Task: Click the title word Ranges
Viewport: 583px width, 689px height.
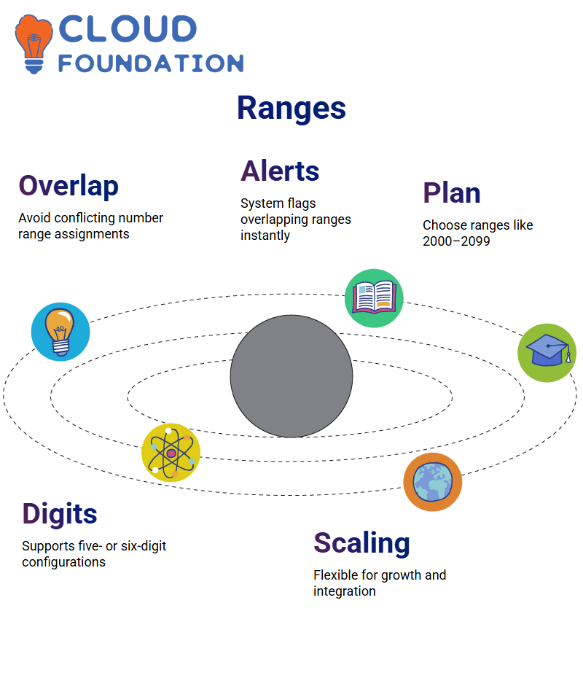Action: (291, 109)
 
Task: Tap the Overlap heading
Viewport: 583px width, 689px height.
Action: (69, 187)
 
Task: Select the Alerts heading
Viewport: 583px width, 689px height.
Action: (280, 171)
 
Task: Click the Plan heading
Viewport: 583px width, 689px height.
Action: (452, 193)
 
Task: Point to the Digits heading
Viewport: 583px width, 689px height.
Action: (60, 514)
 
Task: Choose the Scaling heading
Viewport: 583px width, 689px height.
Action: (361, 544)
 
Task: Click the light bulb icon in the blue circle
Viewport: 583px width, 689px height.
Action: (60, 332)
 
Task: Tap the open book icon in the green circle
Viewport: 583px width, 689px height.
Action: (374, 298)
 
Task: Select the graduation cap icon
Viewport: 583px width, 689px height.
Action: (547, 353)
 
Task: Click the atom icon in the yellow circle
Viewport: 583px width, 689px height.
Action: (171, 453)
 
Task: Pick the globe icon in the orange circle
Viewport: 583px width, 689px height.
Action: (433, 482)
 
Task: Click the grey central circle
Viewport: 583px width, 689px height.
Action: (291, 376)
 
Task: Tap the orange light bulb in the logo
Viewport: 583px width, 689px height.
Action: (34, 44)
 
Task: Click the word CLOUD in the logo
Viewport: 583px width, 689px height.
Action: (128, 29)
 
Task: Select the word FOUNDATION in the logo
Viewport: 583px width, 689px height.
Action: (151, 63)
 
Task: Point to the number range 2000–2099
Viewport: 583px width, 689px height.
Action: (456, 241)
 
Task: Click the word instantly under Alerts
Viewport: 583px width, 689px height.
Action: (265, 235)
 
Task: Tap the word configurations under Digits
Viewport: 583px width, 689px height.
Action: (63, 562)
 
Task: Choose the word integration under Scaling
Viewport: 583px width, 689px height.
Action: (345, 591)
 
